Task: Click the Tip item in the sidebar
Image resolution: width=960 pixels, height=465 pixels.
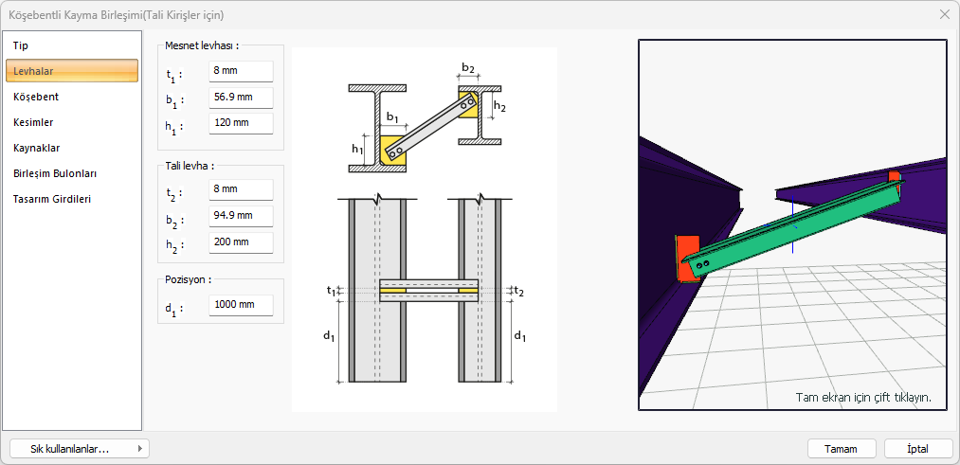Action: coord(21,45)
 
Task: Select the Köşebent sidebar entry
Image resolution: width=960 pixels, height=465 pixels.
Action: coord(36,97)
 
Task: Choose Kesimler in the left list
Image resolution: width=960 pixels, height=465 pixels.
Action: coord(33,122)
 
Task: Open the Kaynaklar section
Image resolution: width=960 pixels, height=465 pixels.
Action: coord(37,148)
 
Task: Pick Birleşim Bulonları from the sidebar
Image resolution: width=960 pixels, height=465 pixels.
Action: coord(54,173)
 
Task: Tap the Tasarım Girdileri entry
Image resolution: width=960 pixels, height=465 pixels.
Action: coord(52,199)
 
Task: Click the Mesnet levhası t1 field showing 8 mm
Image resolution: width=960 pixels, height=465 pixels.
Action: coord(241,72)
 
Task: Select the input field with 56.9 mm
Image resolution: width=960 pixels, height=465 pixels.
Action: coord(241,98)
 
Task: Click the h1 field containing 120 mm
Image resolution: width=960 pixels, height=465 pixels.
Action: coord(241,123)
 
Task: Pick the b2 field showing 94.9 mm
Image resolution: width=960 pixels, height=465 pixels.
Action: coord(241,216)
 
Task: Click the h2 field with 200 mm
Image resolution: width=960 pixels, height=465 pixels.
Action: coord(241,241)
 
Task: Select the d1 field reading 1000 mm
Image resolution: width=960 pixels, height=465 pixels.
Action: coord(241,306)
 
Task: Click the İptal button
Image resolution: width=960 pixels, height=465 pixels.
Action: coord(917,449)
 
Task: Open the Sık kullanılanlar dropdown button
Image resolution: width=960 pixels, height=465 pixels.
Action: coord(78,449)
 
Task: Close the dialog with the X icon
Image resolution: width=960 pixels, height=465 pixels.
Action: coord(945,14)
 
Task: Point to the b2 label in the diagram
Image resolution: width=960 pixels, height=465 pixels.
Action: coord(468,68)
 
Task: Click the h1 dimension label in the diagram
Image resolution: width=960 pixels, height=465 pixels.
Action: coord(357,149)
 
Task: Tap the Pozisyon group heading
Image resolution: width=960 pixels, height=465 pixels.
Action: coord(188,279)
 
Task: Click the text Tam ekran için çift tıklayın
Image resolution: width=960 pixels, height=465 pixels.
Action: coord(862,397)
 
